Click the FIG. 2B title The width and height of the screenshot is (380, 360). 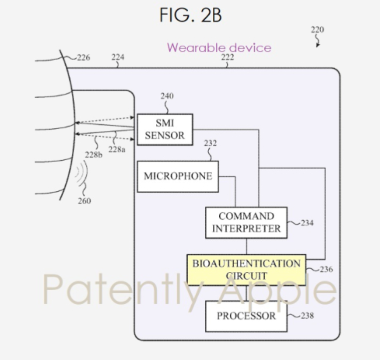pyautogui.click(x=190, y=15)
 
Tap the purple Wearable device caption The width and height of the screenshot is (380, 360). pyautogui.click(x=219, y=48)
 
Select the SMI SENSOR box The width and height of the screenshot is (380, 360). pyautogui.click(x=165, y=129)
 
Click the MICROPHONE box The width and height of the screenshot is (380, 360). pyautogui.click(x=178, y=177)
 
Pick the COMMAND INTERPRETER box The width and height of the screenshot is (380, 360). pyautogui.click(x=246, y=222)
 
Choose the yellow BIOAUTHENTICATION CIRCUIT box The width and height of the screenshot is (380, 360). pyautogui.click(x=246, y=270)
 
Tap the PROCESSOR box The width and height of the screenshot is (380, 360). pyautogui.click(x=246, y=316)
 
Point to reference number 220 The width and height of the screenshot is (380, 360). pyautogui.click(x=318, y=30)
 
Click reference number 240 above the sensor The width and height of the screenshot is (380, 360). pyautogui.click(x=167, y=96)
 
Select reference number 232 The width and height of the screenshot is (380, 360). pyautogui.click(x=211, y=143)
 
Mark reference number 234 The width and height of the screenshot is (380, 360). pyautogui.click(x=307, y=223)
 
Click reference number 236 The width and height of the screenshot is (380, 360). pyautogui.click(x=326, y=269)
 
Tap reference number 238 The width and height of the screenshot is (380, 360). pyautogui.click(x=307, y=315)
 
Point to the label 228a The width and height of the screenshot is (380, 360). pyautogui.click(x=117, y=149)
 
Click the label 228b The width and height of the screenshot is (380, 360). pyautogui.click(x=93, y=155)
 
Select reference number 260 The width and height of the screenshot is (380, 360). pyautogui.click(x=85, y=201)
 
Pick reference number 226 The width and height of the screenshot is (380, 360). pyautogui.click(x=83, y=58)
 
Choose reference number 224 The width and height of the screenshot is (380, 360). pyautogui.click(x=118, y=57)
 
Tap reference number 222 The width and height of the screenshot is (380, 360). pyautogui.click(x=228, y=57)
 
